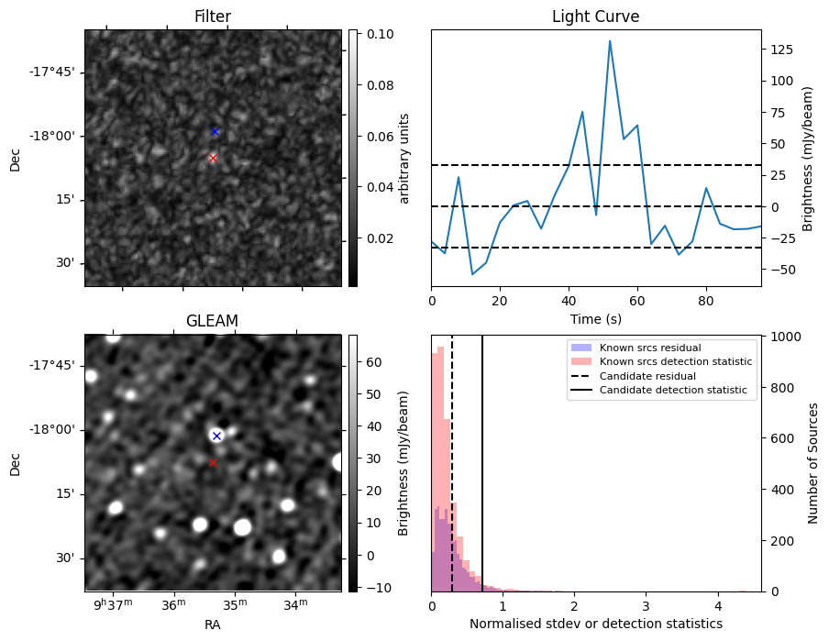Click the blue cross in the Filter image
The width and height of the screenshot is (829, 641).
point(215,131)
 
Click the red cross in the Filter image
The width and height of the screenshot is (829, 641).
point(213,158)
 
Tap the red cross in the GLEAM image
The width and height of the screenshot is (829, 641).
point(213,462)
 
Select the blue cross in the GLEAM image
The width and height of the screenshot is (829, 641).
point(216,436)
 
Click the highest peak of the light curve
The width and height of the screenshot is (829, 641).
point(610,40)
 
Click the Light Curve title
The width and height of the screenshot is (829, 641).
point(595,17)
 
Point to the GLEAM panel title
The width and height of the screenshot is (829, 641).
point(212,321)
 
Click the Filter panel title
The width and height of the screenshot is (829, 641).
point(213,17)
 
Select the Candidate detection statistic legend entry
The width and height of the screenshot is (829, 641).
point(672,391)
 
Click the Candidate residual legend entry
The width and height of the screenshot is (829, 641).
point(647,376)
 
